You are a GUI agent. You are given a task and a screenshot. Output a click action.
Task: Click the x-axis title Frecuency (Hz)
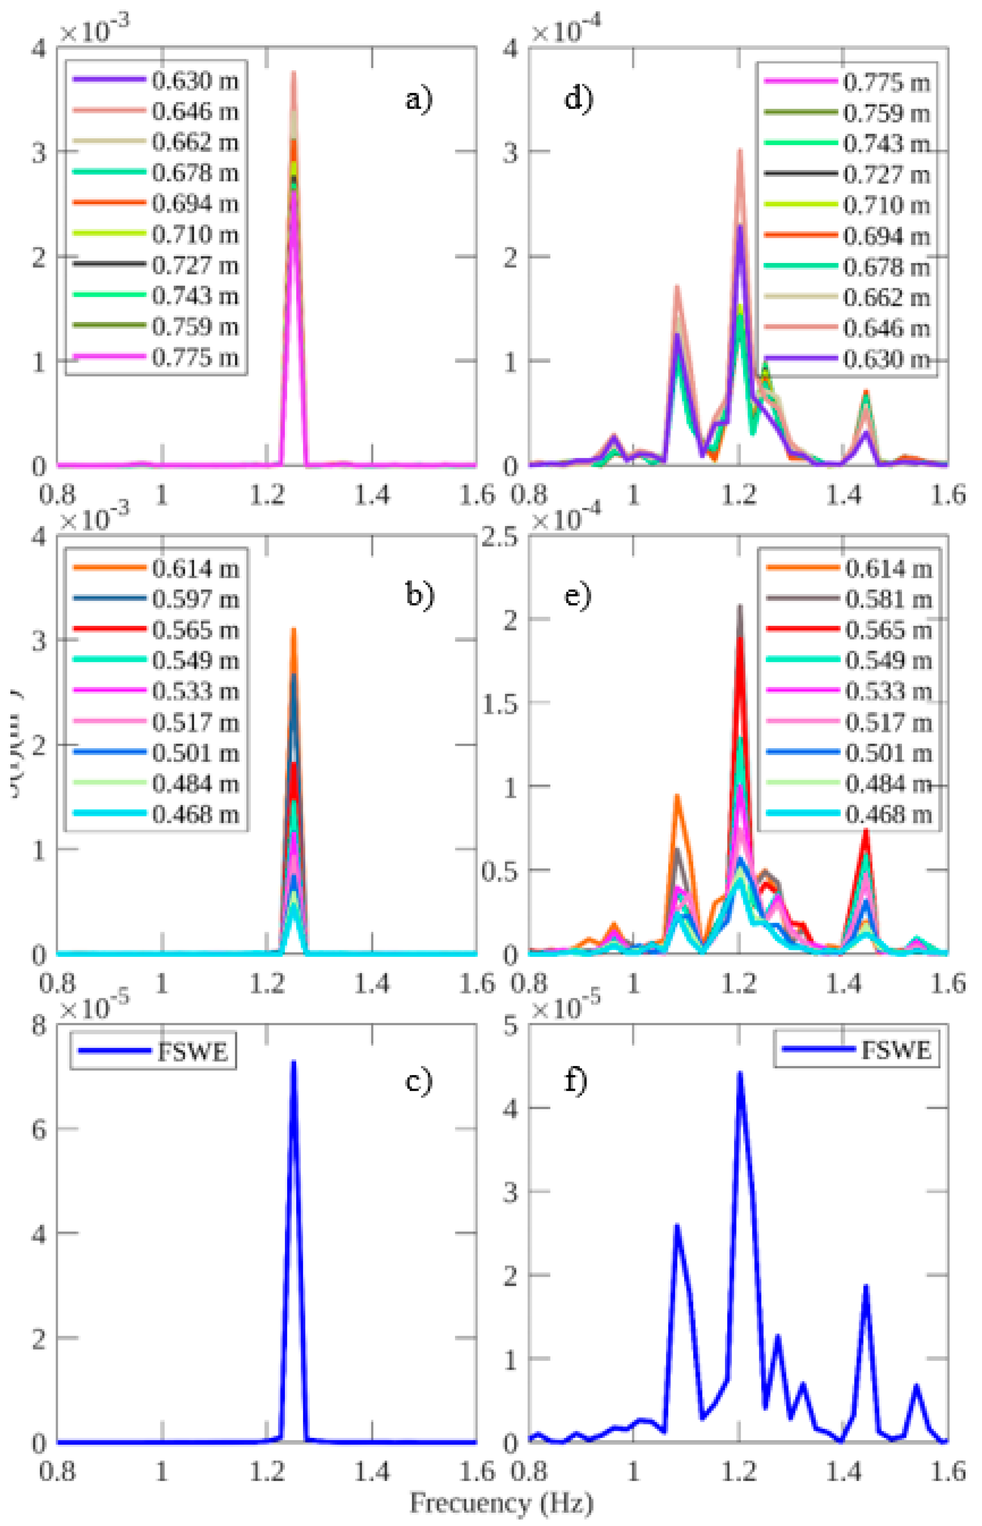pos(501,1503)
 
